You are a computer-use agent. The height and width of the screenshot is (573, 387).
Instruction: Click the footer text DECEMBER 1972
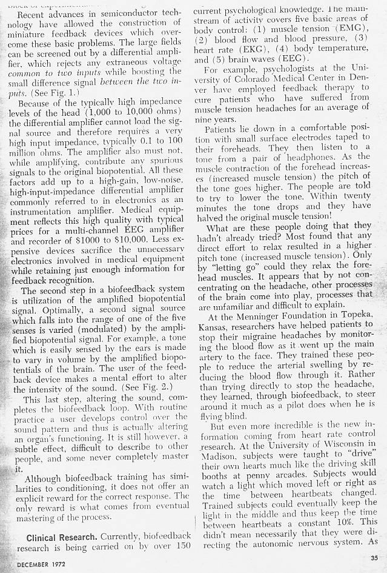[x=33, y=564]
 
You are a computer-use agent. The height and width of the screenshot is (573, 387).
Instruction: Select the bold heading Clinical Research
[x=63, y=537]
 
